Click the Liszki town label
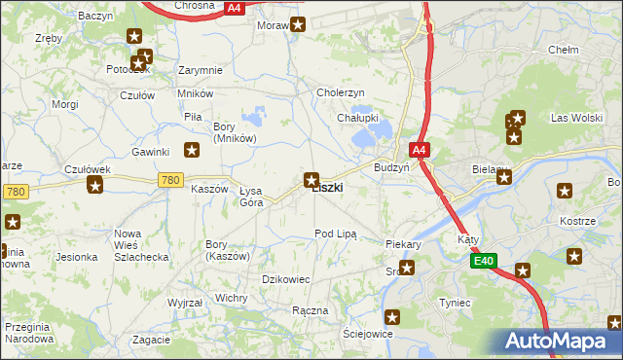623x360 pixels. pos(327,188)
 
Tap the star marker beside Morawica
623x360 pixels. pos(298,25)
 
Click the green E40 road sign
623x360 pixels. pos(485,261)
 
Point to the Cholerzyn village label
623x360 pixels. pos(341,92)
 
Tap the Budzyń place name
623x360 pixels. pos(391,167)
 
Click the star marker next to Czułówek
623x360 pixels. pos(95,185)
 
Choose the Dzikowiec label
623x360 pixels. pos(286,279)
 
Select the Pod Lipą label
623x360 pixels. pos(336,234)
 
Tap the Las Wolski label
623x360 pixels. pos(572,118)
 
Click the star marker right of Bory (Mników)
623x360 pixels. pos(193,149)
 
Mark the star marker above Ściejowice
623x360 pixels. pos(392,316)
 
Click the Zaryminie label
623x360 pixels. pos(202,70)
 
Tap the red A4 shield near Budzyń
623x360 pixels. pos(419,150)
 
